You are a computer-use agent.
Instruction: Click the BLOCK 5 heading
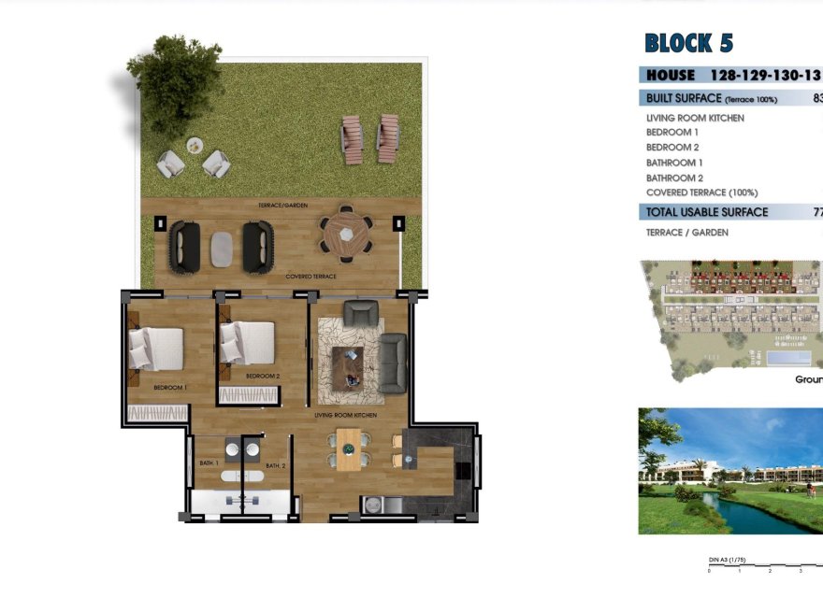pos(688,43)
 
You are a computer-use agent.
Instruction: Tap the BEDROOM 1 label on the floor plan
pos(171,386)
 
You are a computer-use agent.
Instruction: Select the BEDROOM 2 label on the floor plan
pos(263,376)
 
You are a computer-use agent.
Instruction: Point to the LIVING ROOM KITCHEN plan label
pos(345,413)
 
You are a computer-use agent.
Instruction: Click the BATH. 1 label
pos(209,463)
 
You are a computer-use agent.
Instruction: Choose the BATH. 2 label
pos(275,465)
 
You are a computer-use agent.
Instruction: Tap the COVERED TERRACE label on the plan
pos(310,277)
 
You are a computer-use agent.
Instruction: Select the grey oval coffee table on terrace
pos(222,248)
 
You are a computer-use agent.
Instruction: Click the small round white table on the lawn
pos(195,145)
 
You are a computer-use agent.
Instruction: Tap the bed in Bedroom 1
pos(155,349)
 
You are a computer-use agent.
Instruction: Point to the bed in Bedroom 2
pos(247,342)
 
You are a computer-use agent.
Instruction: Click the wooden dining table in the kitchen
pos(348,448)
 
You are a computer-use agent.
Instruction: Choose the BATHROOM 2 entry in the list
pos(674,178)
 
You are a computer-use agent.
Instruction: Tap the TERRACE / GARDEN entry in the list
pos(686,232)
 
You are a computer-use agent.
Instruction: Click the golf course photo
pos(730,471)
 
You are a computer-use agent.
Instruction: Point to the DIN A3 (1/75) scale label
pos(728,560)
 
